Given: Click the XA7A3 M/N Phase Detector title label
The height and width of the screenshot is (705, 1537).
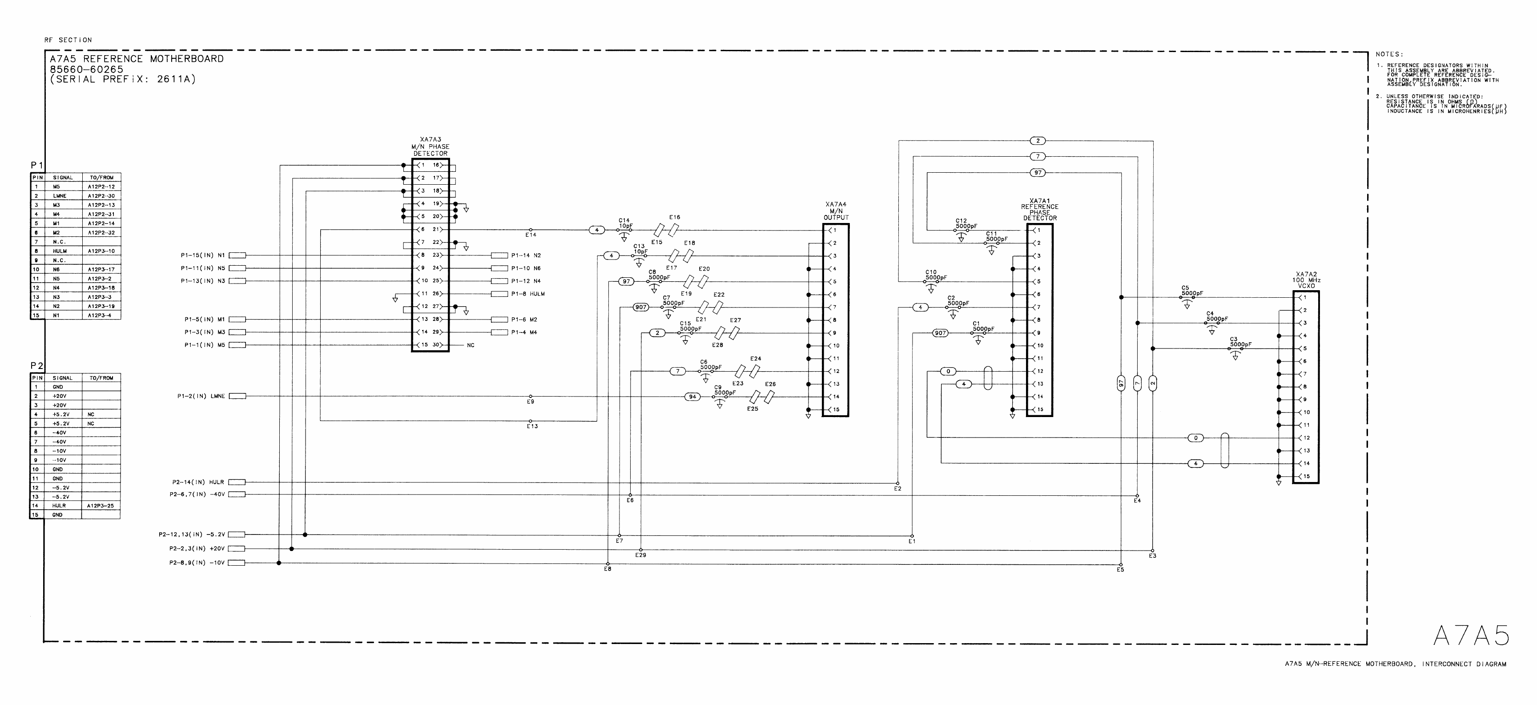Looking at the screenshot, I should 430,147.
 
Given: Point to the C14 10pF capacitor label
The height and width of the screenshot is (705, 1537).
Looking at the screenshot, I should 625,224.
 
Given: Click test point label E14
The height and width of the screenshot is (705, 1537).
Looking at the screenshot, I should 531,235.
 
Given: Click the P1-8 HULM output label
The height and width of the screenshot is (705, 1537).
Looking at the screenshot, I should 528,294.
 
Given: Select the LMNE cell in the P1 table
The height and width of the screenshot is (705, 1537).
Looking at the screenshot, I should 59,196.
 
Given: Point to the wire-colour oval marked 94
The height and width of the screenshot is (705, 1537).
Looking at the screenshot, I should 692,397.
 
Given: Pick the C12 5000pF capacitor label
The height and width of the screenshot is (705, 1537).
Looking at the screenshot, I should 966,224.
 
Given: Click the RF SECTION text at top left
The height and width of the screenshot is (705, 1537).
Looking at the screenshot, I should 68,40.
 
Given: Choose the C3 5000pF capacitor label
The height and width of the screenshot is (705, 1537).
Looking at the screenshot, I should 1240,342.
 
